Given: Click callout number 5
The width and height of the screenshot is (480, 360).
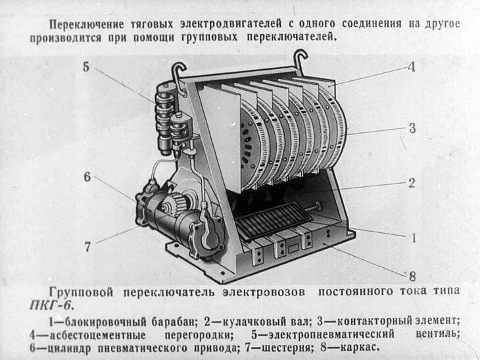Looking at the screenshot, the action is [85, 66].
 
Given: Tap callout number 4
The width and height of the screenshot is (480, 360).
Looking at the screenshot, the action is [410, 66].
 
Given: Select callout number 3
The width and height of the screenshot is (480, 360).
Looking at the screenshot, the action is [412, 128].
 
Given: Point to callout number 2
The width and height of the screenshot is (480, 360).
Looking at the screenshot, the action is [411, 183].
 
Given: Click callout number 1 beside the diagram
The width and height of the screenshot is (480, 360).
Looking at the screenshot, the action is [414, 238].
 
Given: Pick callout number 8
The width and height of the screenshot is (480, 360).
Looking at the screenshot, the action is [412, 276].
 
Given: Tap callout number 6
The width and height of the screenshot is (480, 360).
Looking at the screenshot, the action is [87, 176].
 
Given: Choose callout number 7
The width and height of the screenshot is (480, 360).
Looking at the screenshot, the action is [87, 247].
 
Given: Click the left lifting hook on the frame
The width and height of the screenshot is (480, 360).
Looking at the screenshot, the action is [178, 71].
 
